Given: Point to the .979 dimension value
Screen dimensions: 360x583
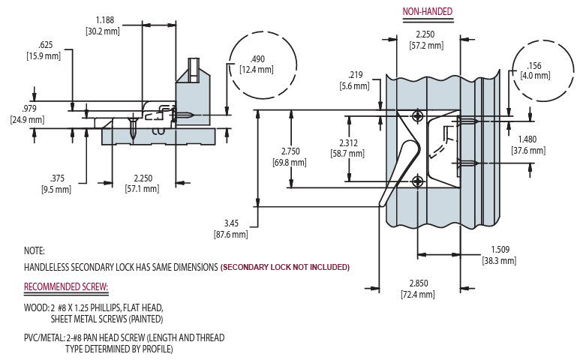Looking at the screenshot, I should (x=27, y=109).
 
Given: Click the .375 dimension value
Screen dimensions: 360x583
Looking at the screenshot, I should (x=56, y=178).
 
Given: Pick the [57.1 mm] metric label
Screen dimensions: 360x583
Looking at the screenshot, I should (x=142, y=189).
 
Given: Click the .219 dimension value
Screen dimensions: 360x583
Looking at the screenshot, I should (x=357, y=75).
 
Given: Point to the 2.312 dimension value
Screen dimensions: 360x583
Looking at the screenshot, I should (x=347, y=142).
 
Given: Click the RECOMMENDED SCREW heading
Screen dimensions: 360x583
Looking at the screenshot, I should (x=66, y=287).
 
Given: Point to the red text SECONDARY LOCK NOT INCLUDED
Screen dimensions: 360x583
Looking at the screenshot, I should (x=286, y=268).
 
